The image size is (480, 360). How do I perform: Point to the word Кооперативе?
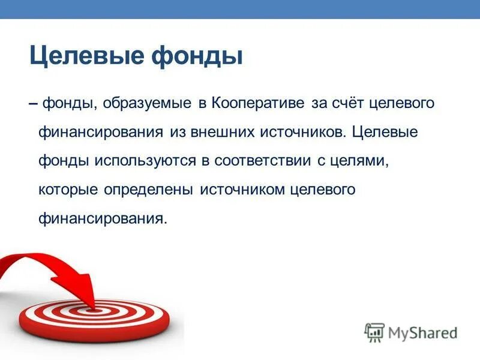(258, 103)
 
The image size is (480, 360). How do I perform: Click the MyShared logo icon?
(374, 331)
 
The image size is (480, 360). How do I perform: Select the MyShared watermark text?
(423, 332)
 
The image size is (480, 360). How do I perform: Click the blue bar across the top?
(240, 9)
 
